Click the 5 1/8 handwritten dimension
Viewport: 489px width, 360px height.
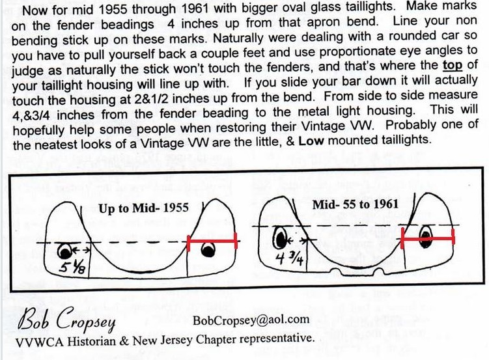[x=72, y=267]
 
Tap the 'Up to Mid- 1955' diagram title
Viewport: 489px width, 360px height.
[x=143, y=208]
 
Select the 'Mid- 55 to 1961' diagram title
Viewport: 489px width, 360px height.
[x=356, y=204]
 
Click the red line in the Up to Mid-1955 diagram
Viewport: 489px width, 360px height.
[x=212, y=241]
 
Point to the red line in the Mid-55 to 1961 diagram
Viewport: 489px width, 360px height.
[x=428, y=238]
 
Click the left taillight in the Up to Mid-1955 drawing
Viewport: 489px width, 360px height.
[x=65, y=251]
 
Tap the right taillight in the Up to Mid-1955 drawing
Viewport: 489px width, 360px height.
[x=208, y=249]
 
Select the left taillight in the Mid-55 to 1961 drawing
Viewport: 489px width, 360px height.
[x=281, y=238]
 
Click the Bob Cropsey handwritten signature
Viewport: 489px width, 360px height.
[x=66, y=320]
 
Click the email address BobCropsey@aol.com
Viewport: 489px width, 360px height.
[x=251, y=320]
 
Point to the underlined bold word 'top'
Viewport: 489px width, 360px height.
[x=453, y=66]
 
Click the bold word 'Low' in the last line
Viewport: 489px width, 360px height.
[x=311, y=141]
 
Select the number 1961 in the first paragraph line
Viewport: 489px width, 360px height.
[x=194, y=8]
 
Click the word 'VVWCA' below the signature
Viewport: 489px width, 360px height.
[x=40, y=342]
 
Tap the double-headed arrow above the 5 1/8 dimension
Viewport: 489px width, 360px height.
[x=81, y=250]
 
